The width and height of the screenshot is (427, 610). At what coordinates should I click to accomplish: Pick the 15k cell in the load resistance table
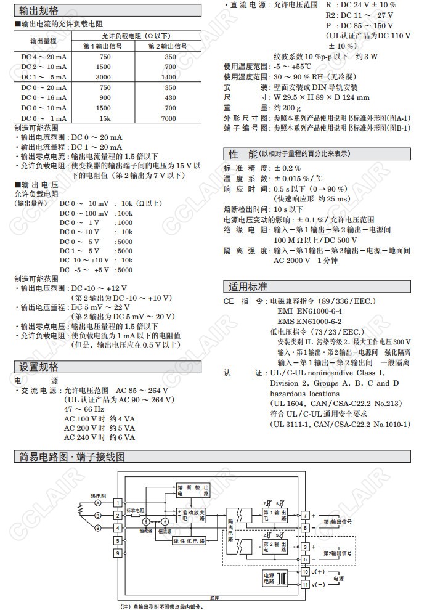click(105, 118)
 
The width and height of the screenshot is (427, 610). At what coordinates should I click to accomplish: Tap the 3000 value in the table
click(105, 78)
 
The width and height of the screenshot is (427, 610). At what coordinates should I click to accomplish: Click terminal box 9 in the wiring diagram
click(118, 553)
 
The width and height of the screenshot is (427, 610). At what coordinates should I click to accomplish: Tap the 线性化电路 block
click(189, 540)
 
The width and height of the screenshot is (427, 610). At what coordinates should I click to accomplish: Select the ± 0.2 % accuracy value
click(287, 168)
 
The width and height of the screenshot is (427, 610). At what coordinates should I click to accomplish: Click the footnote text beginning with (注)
click(161, 606)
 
